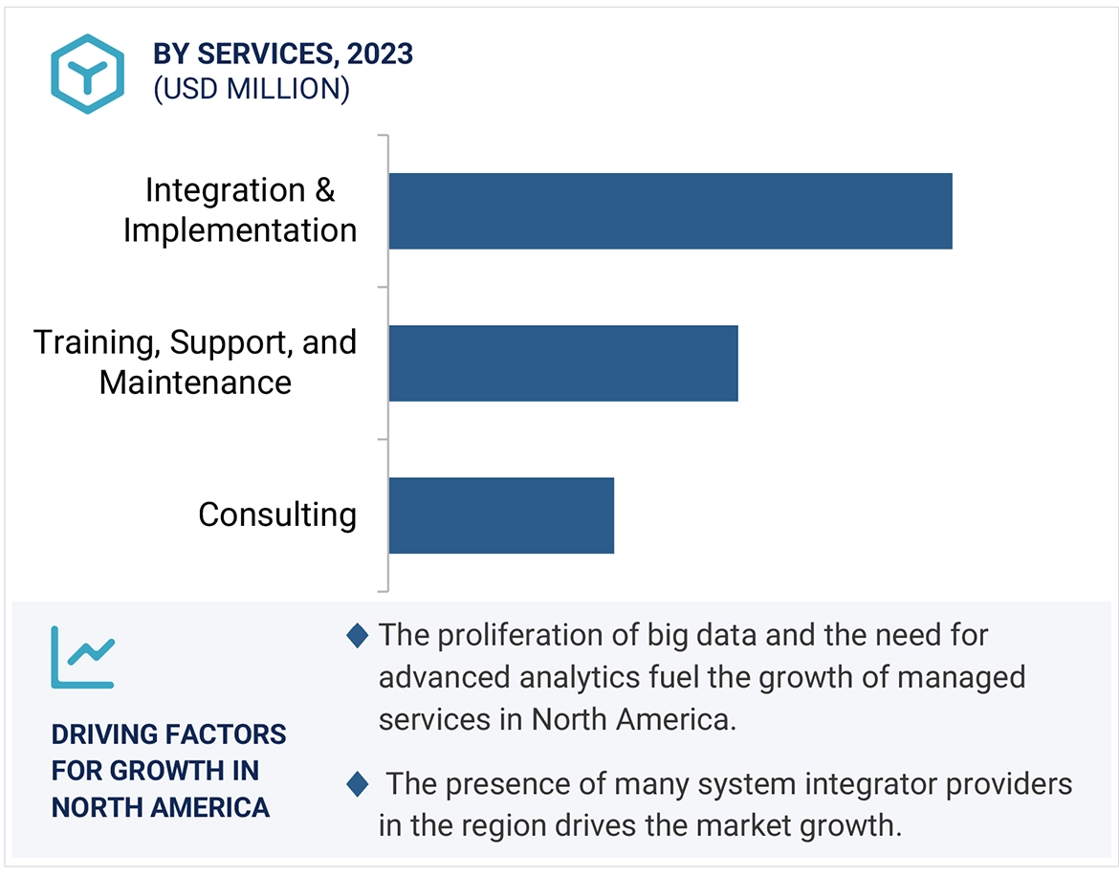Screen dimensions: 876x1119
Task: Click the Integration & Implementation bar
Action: pos(669,211)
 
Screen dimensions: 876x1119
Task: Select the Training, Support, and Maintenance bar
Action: pos(562,363)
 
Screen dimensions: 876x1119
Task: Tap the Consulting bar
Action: pos(500,515)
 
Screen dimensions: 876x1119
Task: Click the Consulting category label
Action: pos(277,515)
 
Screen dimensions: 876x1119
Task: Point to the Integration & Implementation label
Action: pos(240,210)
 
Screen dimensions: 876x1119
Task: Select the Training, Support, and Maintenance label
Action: pos(195,362)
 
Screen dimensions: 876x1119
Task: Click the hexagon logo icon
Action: pos(88,75)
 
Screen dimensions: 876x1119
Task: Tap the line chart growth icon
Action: pos(82,657)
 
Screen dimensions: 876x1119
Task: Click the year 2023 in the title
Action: pos(382,55)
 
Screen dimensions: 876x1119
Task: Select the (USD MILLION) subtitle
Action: pos(252,89)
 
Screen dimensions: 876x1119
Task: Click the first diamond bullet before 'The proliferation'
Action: pos(357,635)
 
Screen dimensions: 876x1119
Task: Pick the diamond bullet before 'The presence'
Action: pos(357,785)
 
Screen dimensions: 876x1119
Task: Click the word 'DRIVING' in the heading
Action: pos(103,734)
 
